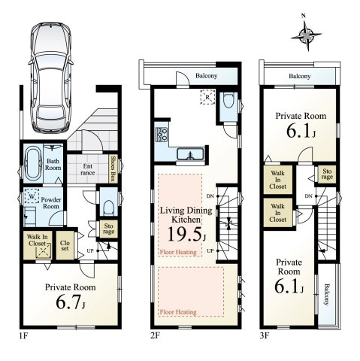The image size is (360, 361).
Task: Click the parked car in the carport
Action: [51, 77]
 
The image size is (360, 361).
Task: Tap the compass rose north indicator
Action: [306, 35]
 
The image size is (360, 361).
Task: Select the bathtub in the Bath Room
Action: [33, 165]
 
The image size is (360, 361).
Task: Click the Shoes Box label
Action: [113, 168]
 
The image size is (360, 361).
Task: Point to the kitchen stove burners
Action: [162, 135]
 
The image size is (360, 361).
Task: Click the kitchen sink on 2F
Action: [190, 154]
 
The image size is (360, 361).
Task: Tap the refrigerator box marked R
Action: [207, 96]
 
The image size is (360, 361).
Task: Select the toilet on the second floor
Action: [228, 101]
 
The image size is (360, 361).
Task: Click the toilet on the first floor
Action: [109, 208]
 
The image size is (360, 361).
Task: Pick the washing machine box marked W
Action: [32, 196]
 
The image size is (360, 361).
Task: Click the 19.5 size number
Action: [185, 234]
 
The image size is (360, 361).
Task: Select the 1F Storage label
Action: [108, 228]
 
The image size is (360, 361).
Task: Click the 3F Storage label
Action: [327, 174]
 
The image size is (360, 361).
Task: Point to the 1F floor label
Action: [23, 335]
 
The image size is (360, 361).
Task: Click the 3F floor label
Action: [265, 335]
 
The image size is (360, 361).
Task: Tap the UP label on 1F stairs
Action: [90, 250]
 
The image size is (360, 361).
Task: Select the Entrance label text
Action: [88, 169]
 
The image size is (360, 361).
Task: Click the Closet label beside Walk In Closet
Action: [65, 246]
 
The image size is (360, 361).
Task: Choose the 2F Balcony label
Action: [207, 76]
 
